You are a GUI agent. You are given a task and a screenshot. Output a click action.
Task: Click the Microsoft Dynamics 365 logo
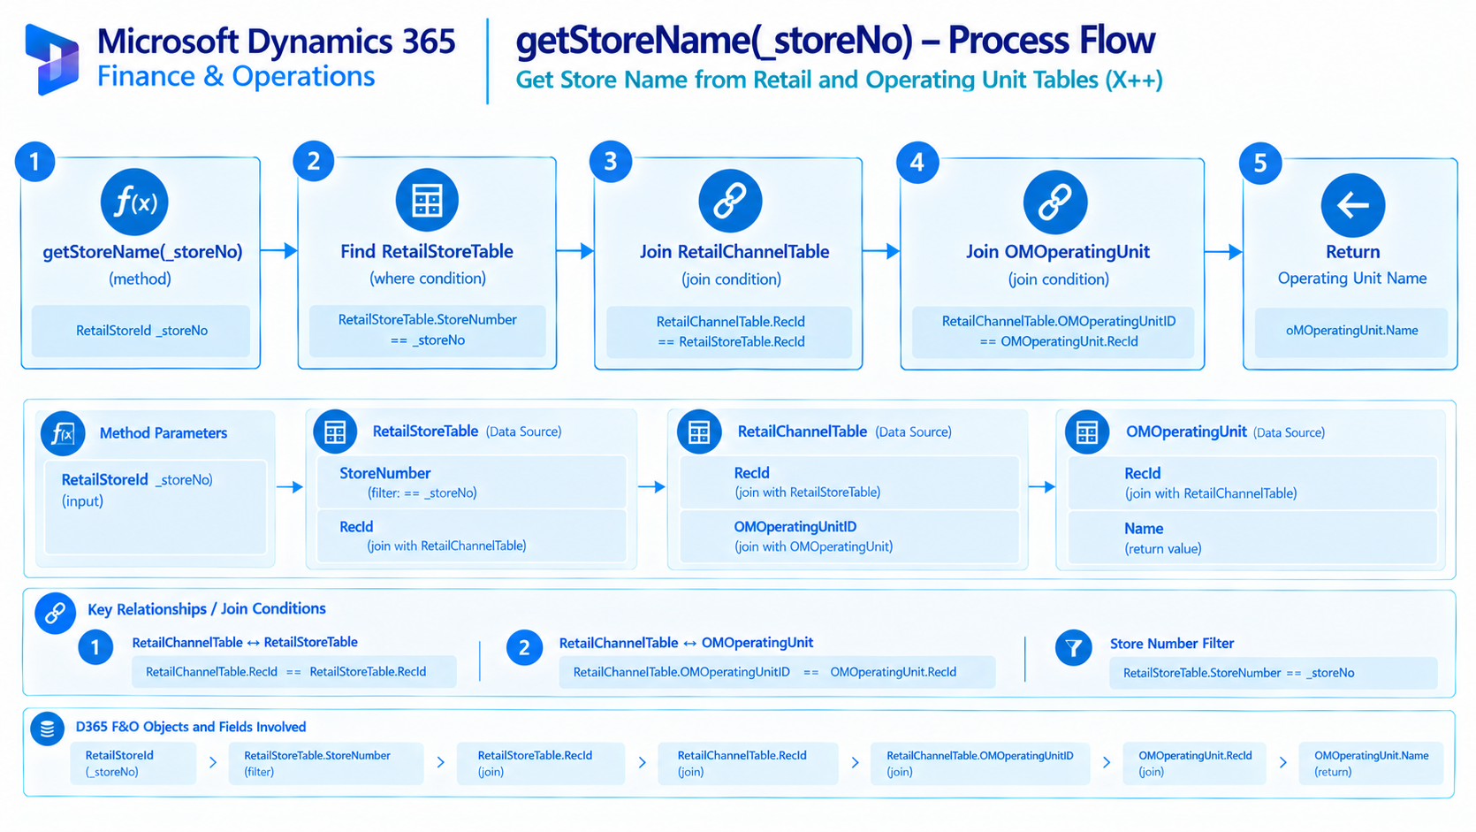pyautogui.click(x=52, y=59)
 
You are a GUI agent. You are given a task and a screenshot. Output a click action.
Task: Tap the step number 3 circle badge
pyautogui.click(x=611, y=161)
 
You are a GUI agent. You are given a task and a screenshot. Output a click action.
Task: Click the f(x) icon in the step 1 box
pyautogui.click(x=134, y=202)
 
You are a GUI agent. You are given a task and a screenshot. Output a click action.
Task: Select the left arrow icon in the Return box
pyautogui.click(x=1353, y=205)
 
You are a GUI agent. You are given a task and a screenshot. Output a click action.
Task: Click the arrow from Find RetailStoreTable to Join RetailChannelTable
pyautogui.click(x=575, y=251)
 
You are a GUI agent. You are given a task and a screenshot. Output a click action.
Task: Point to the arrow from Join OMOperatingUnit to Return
pyautogui.click(x=1223, y=252)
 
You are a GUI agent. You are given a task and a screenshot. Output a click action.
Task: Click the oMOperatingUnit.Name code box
pyautogui.click(x=1351, y=331)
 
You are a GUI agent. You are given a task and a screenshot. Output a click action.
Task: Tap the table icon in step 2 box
pyautogui.click(x=427, y=200)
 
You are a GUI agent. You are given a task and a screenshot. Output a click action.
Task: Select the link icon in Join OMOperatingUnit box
pyautogui.click(x=1055, y=202)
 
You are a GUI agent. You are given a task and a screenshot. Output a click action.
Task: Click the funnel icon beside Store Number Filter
pyautogui.click(x=1073, y=647)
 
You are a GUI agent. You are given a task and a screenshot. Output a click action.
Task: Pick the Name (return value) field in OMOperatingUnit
pyautogui.click(x=1252, y=538)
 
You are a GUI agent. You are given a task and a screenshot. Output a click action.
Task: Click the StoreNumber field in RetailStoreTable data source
pyautogui.click(x=471, y=482)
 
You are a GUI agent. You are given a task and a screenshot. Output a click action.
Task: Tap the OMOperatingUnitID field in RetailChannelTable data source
pyautogui.click(x=849, y=536)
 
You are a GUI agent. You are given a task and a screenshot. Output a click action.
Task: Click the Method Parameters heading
pyautogui.click(x=164, y=433)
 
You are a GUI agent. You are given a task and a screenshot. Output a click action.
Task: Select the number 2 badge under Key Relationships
pyautogui.click(x=524, y=647)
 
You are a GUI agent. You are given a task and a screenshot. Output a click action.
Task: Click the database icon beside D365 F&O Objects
pyautogui.click(x=48, y=729)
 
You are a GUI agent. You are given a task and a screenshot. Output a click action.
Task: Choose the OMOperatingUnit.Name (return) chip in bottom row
pyautogui.click(x=1371, y=763)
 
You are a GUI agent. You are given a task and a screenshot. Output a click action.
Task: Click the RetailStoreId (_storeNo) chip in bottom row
pyautogui.click(x=133, y=763)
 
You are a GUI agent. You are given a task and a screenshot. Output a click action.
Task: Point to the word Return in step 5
pyautogui.click(x=1353, y=252)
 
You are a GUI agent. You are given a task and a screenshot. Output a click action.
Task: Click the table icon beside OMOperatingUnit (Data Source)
pyautogui.click(x=1087, y=432)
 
